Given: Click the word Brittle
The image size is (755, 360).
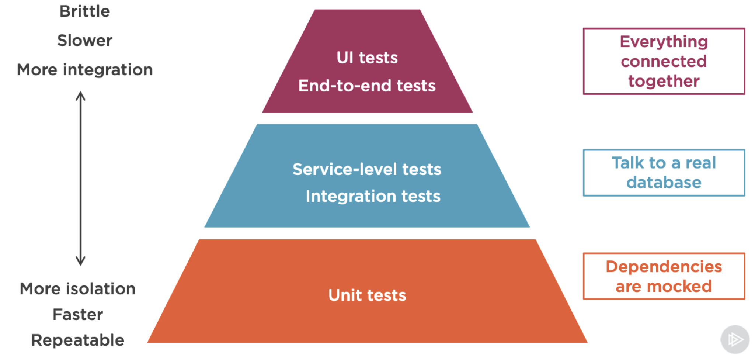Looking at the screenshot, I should [x=84, y=11].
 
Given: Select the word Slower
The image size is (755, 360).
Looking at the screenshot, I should [x=84, y=41].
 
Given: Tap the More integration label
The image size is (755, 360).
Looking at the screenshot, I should [x=84, y=70].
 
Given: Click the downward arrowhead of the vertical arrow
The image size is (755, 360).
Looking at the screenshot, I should [x=80, y=261].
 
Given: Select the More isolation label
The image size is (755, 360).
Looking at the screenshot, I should [x=77, y=289].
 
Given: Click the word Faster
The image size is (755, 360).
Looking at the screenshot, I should [x=77, y=315].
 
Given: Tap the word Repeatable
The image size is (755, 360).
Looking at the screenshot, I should [x=77, y=340].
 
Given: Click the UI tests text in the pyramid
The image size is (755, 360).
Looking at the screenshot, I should [x=367, y=58].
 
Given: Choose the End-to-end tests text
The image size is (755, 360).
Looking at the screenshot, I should [x=367, y=86].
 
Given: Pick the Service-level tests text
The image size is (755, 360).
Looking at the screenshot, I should [x=367, y=169].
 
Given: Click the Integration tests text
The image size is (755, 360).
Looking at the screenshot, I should [x=373, y=196].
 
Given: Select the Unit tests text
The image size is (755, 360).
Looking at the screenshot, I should [x=367, y=295].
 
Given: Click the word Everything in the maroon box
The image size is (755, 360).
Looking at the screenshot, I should [x=664, y=42].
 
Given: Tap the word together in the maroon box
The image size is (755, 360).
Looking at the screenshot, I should [x=664, y=81].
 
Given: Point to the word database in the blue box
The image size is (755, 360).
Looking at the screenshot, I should [x=664, y=183].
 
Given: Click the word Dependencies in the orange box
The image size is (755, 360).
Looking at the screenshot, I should [x=664, y=267].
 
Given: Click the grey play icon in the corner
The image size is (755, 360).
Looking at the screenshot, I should [x=735, y=339].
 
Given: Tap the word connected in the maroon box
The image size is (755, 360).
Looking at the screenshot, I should [x=664, y=61].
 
